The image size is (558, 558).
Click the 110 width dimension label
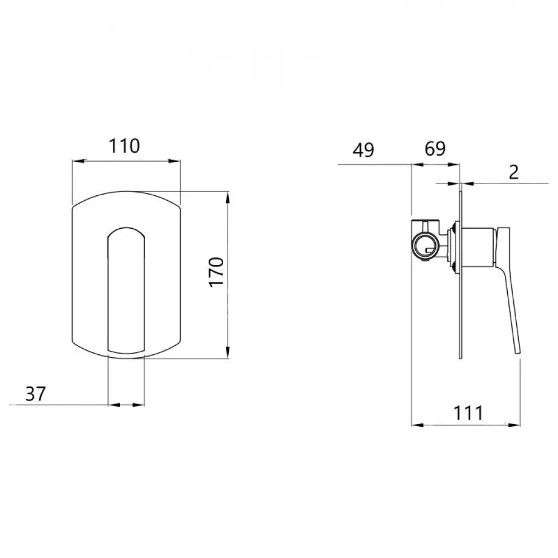point(124,146)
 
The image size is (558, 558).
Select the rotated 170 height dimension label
point(217,272)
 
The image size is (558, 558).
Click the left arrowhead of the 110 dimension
point(77,161)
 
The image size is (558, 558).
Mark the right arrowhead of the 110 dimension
point(177,161)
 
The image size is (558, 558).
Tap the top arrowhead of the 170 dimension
point(228,196)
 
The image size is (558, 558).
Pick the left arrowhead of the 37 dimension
point(110,405)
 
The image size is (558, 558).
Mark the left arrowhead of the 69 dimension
point(416,164)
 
